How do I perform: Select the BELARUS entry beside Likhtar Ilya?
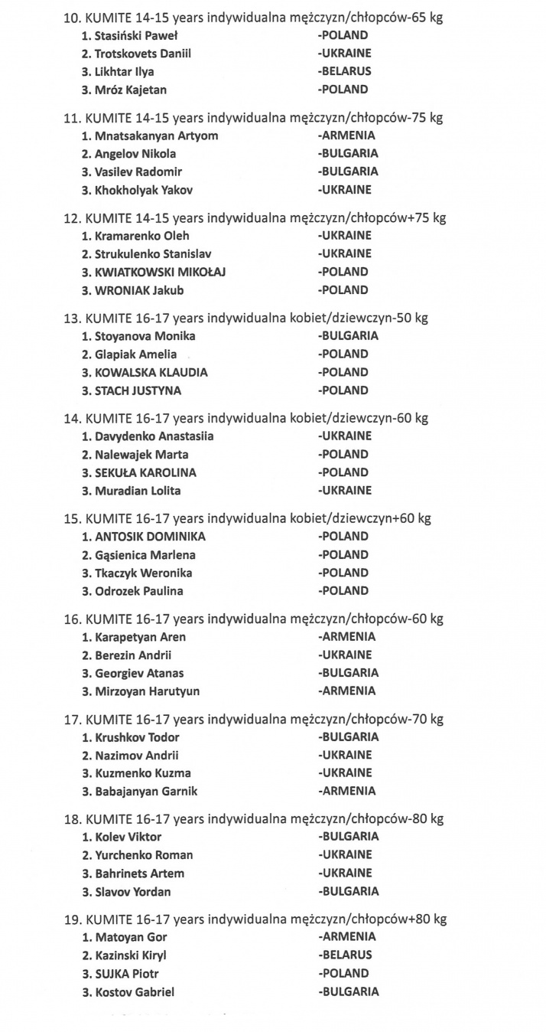pyautogui.click(x=346, y=71)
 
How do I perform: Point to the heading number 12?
pyautogui.click(x=71, y=218)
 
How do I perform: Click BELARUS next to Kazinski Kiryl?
pyautogui.click(x=346, y=955)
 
